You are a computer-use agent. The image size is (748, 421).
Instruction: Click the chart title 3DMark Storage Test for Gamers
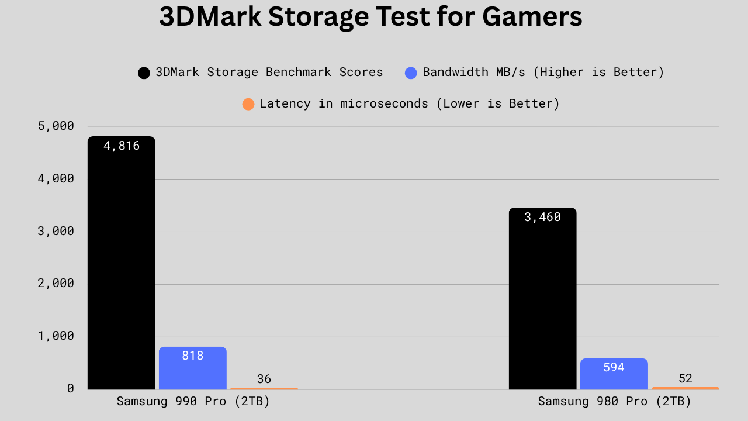[x=370, y=18]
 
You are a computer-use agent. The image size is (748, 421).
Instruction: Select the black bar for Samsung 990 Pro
[x=121, y=263]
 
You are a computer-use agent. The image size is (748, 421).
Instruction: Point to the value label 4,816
[x=122, y=146]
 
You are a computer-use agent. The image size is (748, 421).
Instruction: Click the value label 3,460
[x=542, y=218]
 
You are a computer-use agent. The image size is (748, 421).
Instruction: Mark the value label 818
[x=192, y=355]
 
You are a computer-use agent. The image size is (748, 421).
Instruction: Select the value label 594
[x=614, y=367]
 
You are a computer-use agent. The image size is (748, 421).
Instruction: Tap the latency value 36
[x=264, y=379]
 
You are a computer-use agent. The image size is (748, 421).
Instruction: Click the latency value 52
[x=685, y=378]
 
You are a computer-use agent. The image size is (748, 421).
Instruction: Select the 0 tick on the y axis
[x=70, y=388]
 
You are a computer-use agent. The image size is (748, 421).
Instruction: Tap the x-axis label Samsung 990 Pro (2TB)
[x=193, y=402]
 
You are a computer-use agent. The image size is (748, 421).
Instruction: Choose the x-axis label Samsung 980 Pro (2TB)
[x=614, y=402]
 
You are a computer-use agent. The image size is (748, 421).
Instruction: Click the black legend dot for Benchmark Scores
[x=144, y=73]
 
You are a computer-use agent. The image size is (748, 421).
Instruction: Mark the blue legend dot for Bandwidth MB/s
[x=411, y=73]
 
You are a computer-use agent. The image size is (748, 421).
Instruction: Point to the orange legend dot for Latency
[x=248, y=105]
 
